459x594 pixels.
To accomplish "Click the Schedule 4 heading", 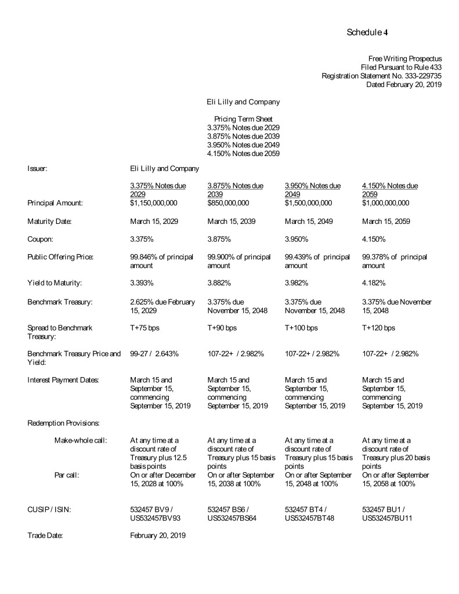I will (367, 32).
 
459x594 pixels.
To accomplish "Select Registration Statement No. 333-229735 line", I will (382, 75).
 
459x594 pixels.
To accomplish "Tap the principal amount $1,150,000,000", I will (154, 203).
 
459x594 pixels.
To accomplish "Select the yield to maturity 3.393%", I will (142, 283).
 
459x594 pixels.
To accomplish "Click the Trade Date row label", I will (45, 535).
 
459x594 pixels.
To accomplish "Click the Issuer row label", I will (37, 168).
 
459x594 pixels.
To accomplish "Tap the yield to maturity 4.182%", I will (374, 283).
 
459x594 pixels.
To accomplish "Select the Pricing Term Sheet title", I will (243, 119).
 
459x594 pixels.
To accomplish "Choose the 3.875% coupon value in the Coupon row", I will (219, 239).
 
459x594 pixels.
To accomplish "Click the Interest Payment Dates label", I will (63, 380).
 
